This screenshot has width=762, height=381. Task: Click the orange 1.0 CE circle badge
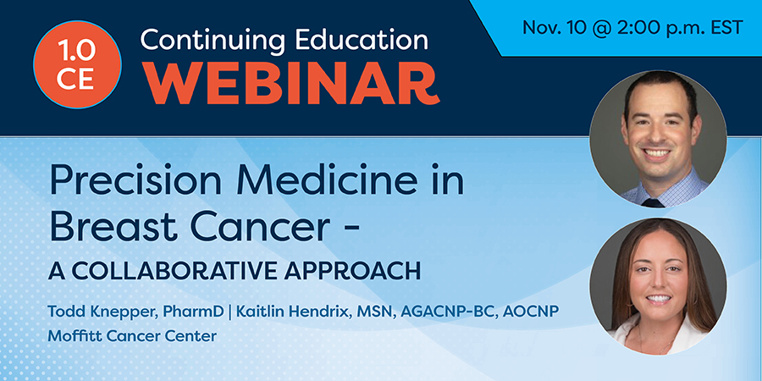77,64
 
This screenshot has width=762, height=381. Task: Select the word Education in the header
356,39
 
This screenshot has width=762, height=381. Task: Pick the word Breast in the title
107,227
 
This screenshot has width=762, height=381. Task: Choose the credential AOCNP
531,311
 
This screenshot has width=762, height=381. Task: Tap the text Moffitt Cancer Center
132,336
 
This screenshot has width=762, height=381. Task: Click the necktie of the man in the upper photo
653,202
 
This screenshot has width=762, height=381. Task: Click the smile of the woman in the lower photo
659,299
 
